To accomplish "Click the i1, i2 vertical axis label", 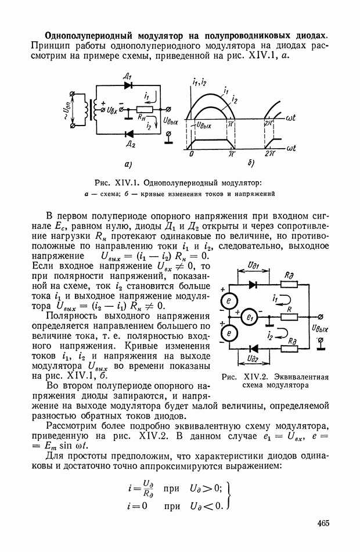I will (x=199, y=82).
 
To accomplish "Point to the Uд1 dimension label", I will (x=253, y=266).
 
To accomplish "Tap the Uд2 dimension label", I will (x=253, y=360).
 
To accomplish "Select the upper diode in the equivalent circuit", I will (x=253, y=285).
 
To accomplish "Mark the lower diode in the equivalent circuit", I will (x=253, y=348).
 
